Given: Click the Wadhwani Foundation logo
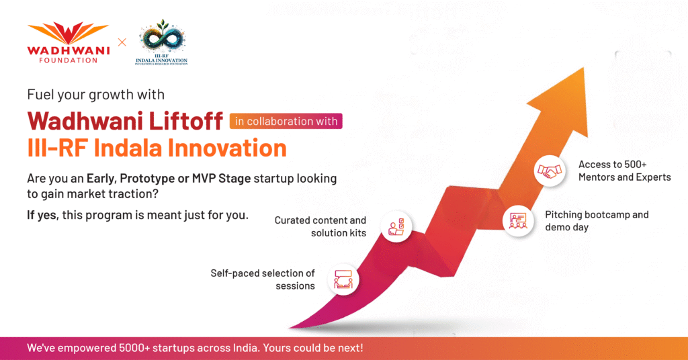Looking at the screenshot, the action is coord(69,42).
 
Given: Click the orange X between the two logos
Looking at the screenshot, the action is coord(122,42).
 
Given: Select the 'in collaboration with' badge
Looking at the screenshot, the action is coord(286,121).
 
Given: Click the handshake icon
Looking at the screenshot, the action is coord(550,171).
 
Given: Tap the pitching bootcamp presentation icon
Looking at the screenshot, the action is coord(518,220).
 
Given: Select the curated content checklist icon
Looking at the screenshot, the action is coord(396,227).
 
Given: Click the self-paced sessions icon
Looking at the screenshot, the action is coord(343,279).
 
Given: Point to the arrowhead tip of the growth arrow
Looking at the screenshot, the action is coord(584,68).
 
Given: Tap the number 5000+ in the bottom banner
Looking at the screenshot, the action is coord(134,348).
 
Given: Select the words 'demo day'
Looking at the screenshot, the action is coord(566,227).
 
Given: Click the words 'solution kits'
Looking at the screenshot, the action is coord(339,233).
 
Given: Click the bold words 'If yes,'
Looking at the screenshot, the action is coord(42,216).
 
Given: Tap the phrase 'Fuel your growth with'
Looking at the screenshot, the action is coord(95,95).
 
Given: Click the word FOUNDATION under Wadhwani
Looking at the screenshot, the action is coord(69,60).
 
